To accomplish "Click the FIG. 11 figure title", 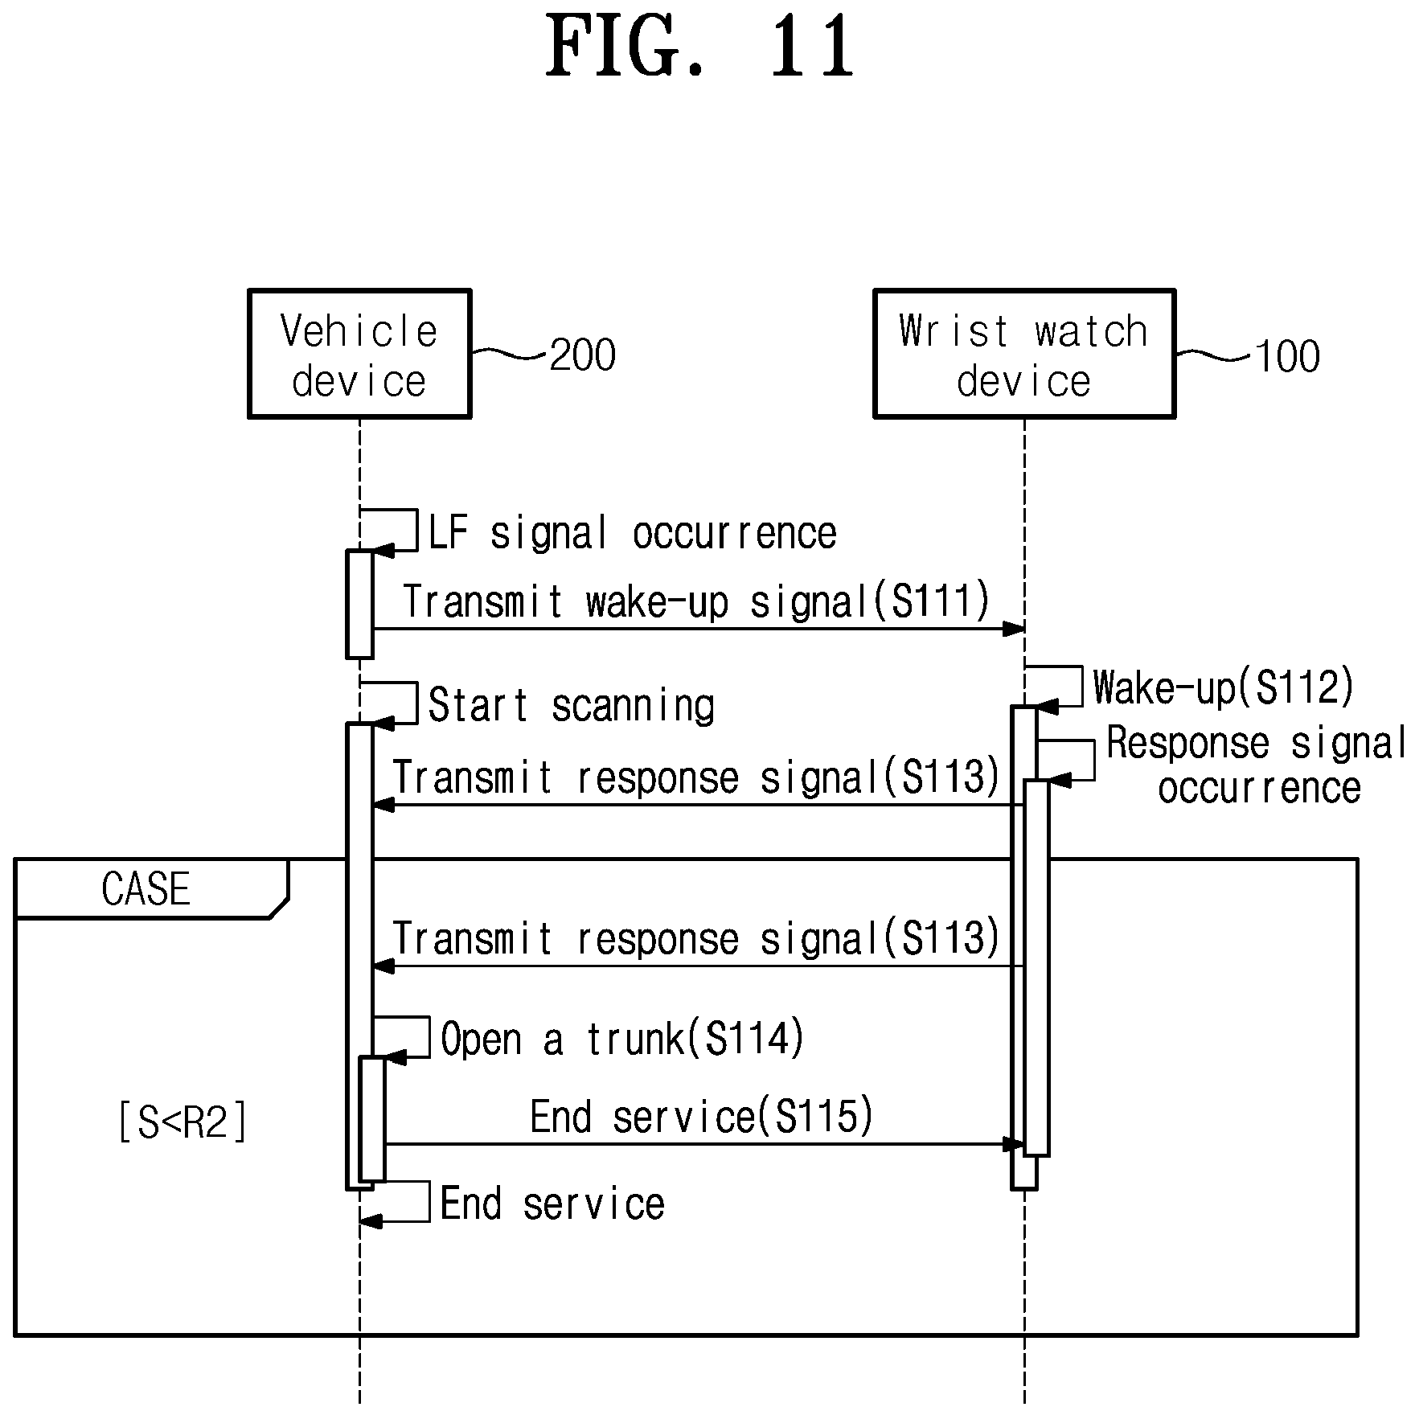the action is point(699,46).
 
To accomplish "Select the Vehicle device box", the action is point(359,354).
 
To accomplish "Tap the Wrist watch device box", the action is point(1024,354).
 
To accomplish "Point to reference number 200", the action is point(583,355).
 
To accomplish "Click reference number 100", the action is point(1287,356).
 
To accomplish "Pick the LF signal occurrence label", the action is point(632,533).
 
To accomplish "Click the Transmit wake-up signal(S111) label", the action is point(696,601).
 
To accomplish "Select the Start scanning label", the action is point(571,705).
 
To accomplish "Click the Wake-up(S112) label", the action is point(1224,687).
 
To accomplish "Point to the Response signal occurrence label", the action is point(1257,765).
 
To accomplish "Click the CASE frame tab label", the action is point(146,888).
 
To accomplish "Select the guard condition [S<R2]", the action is point(183,1122).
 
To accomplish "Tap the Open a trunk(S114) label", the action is point(622,1039).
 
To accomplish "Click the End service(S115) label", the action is point(701,1117).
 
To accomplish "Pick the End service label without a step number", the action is point(552,1204).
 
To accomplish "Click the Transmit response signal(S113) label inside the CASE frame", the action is point(696,938).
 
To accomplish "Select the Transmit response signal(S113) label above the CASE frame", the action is point(696,777).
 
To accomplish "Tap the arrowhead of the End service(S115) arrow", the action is point(1014,1144).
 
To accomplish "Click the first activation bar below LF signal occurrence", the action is point(359,604).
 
